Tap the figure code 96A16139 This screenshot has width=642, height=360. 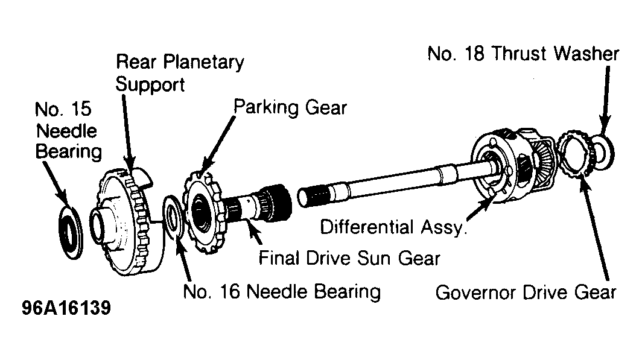tap(66, 308)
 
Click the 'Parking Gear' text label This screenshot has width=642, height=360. tap(290, 107)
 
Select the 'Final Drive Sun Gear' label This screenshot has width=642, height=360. tap(349, 258)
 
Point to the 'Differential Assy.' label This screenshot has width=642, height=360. tap(393, 227)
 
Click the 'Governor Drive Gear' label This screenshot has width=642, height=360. tap(526, 292)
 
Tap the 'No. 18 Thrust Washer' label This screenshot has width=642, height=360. tap(523, 54)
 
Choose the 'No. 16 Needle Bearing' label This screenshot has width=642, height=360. tap(282, 292)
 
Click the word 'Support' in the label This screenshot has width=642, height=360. tap(150, 85)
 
